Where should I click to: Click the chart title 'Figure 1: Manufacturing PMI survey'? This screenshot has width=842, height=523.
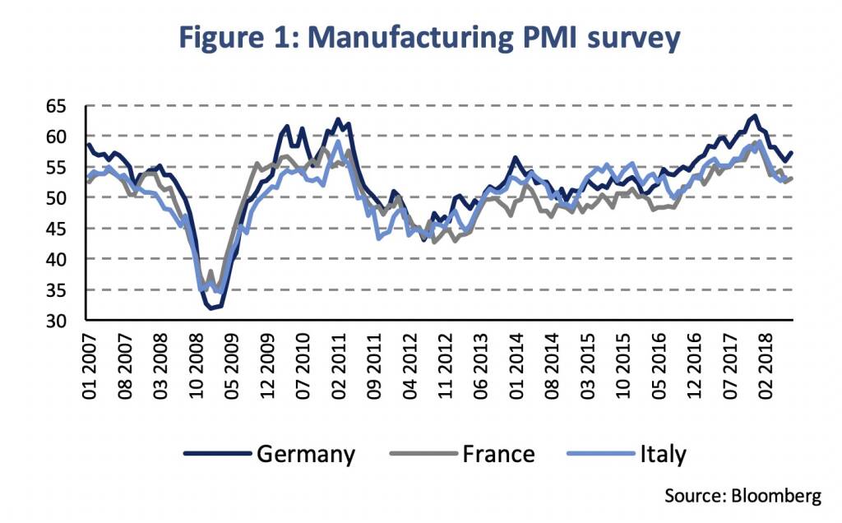[421, 39]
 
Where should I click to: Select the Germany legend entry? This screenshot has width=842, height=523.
[306, 454]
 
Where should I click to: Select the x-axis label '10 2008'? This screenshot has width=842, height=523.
[197, 362]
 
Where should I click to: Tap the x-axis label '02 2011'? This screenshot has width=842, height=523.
[338, 362]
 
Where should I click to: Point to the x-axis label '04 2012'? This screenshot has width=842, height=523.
[409, 362]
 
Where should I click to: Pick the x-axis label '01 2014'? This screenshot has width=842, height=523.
[516, 362]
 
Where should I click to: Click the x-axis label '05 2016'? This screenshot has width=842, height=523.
[659, 362]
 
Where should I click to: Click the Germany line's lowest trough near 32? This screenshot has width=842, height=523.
[212, 308]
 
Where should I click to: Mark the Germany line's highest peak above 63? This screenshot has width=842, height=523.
[755, 116]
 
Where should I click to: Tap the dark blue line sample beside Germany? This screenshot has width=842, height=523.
[215, 454]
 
